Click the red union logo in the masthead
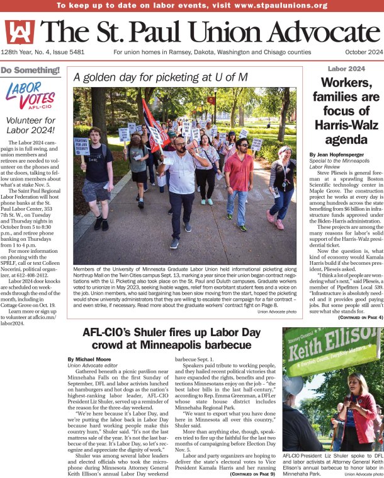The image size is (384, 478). [x=20, y=32]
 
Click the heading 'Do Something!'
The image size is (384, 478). [x=30, y=70]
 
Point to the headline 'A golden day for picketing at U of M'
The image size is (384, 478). [x=161, y=78]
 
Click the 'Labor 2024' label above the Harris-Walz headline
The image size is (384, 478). [x=346, y=68]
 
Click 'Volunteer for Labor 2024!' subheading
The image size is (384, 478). [x=30, y=125]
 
